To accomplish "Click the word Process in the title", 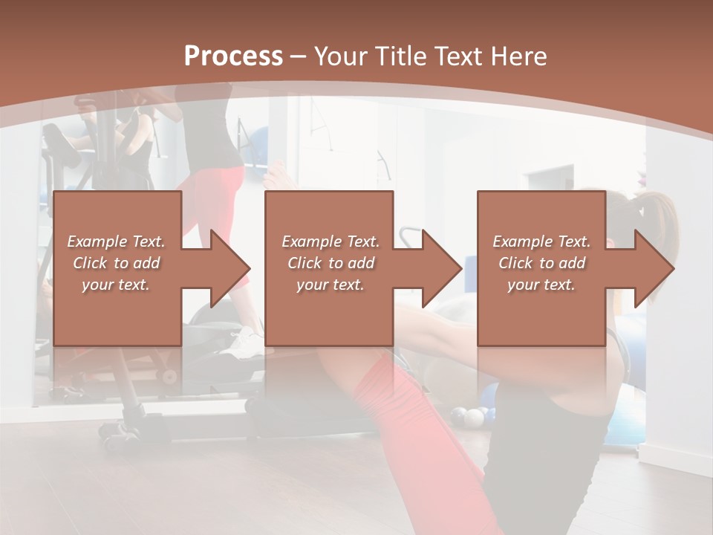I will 233,56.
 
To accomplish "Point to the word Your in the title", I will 344,56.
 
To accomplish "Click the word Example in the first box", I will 97,241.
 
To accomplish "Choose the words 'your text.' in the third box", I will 541,285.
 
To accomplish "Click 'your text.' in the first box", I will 116,285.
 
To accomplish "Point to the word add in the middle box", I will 360,263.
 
